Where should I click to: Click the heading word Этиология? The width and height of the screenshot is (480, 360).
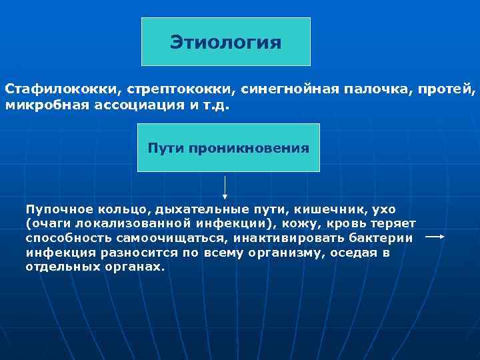pos(225,43)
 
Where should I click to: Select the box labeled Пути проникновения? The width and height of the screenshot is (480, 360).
pos(228,148)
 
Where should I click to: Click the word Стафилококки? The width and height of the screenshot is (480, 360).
pos(47,89)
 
